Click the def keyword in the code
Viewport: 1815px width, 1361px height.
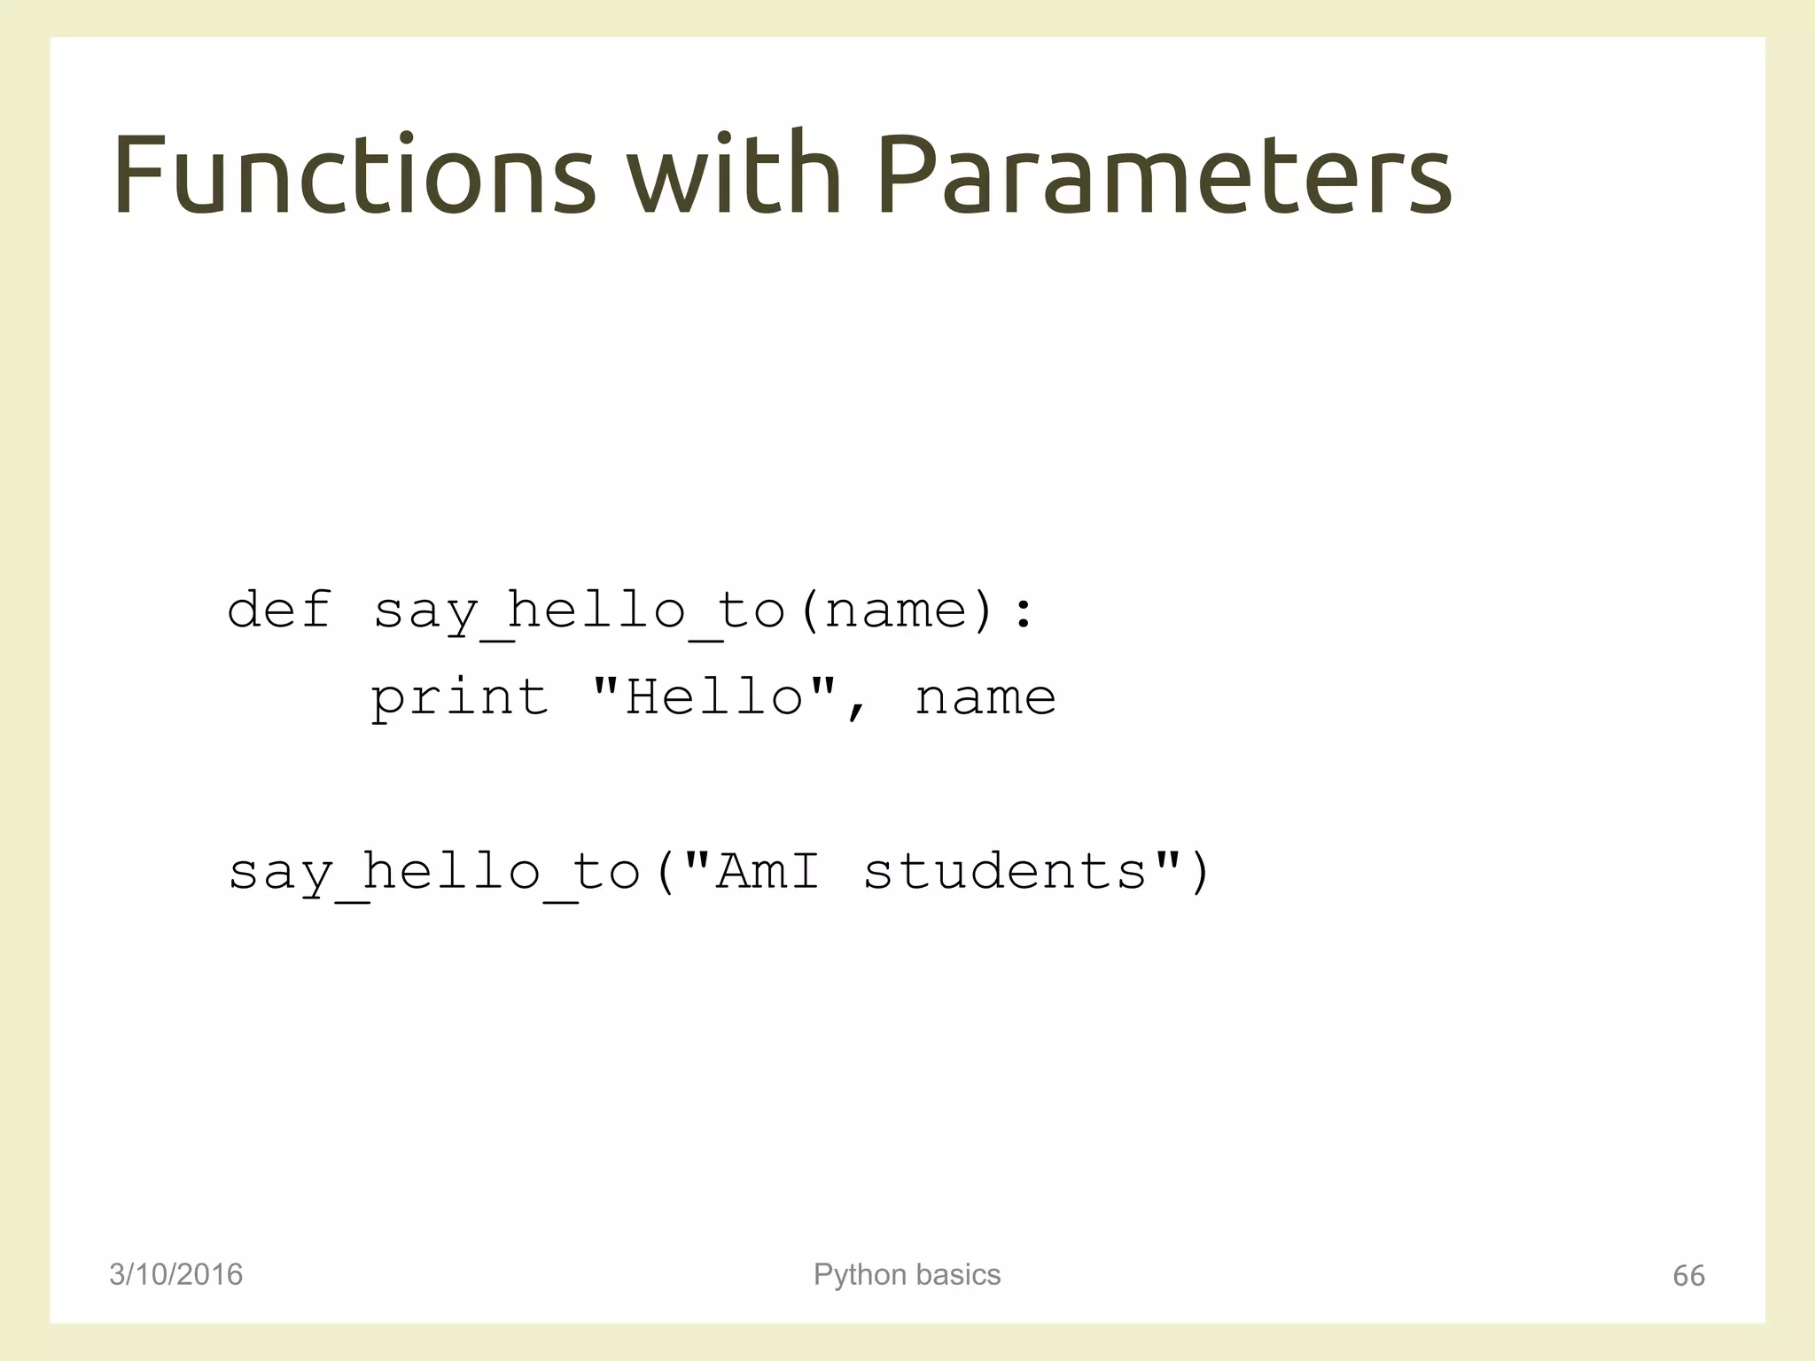click(279, 610)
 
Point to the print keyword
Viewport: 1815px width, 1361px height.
click(460, 698)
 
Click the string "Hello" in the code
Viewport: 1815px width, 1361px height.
click(714, 696)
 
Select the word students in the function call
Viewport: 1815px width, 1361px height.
click(1005, 871)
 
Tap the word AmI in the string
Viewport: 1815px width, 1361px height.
click(767, 871)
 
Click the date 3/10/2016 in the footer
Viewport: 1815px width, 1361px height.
click(175, 1274)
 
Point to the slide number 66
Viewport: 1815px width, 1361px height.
click(1688, 1276)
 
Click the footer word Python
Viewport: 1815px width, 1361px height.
click(860, 1275)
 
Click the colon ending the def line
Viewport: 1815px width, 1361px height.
click(1024, 611)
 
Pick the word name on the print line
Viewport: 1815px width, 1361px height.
click(985, 698)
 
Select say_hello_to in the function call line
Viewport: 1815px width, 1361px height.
click(434, 873)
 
